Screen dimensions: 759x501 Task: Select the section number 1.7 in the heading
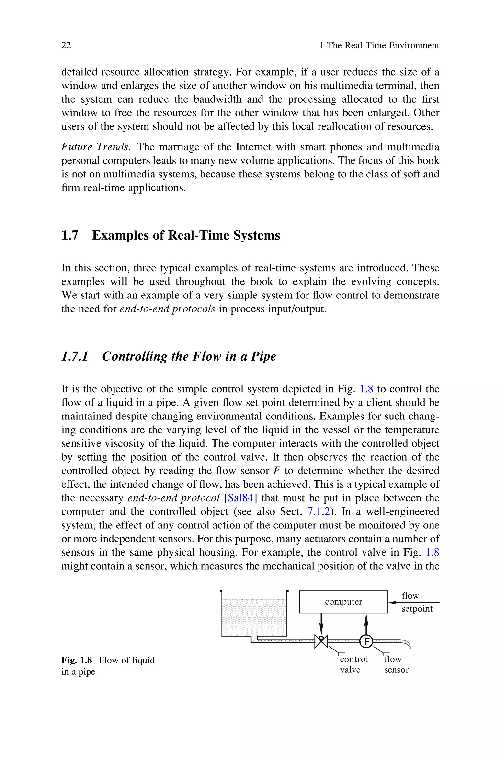pos(70,236)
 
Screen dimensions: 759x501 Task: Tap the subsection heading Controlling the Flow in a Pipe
pos(189,356)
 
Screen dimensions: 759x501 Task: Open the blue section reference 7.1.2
pos(318,512)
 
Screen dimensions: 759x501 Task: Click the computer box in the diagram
pos(343,602)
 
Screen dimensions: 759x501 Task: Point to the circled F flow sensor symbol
pos(366,641)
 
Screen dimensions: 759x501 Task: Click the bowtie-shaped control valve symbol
pos(321,641)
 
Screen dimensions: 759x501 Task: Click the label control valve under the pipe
pos(354,665)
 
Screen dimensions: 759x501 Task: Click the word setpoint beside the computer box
pos(417,609)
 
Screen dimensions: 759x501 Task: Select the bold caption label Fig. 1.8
pos(77,660)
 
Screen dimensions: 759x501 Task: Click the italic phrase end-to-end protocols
pos(167,309)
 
